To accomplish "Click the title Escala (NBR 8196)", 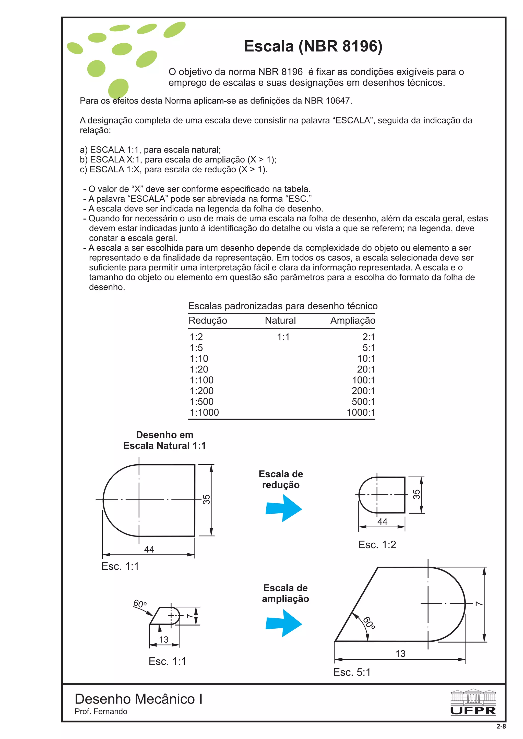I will tap(313, 46).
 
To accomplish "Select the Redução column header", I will tap(208, 321).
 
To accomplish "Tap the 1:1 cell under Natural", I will tap(283, 337).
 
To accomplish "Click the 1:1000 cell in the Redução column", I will tap(204, 412).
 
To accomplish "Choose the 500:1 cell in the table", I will tap(363, 402).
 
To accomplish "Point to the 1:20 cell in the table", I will tap(199, 369).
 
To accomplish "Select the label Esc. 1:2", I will tap(377, 545).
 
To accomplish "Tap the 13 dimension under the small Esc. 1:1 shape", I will tap(164, 640).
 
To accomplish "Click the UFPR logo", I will tap(473, 702).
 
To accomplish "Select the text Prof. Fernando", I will tap(101, 711).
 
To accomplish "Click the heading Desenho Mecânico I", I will tap(139, 699).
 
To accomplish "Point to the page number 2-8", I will tap(501, 727).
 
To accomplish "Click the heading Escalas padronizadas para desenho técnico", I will tap(283, 306).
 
